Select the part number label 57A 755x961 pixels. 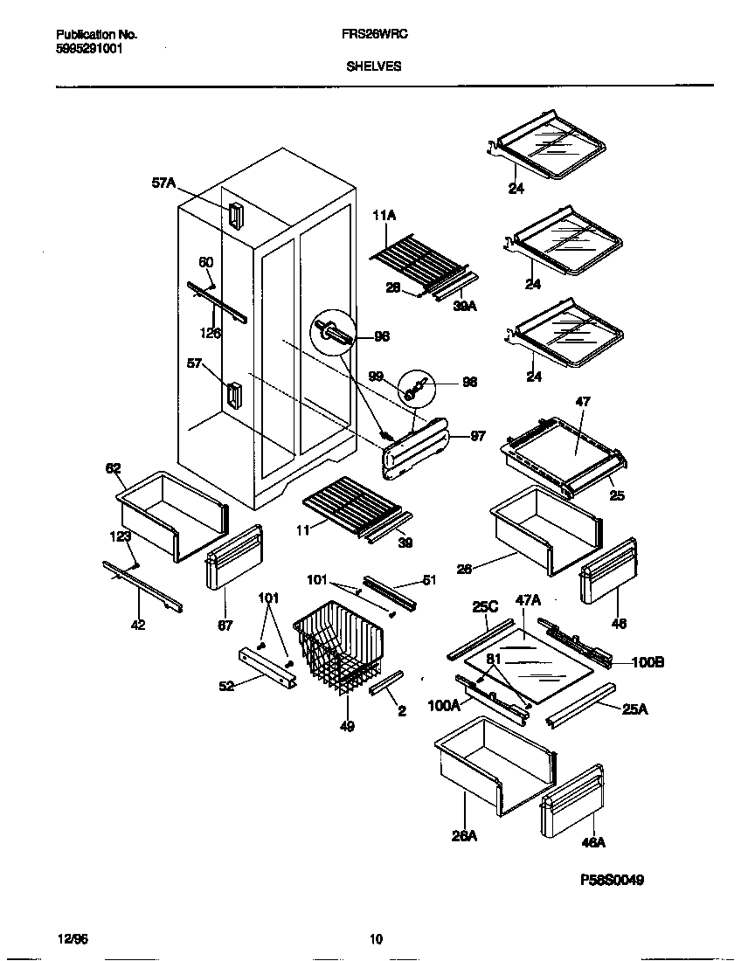click(x=163, y=183)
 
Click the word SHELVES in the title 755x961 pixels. click(x=374, y=66)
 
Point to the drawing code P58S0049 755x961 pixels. click(x=611, y=880)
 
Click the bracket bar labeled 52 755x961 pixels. click(x=267, y=669)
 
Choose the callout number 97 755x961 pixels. click(x=478, y=437)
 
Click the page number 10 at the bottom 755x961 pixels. click(x=376, y=940)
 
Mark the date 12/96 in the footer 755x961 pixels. click(x=72, y=940)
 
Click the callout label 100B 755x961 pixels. click(x=648, y=663)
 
